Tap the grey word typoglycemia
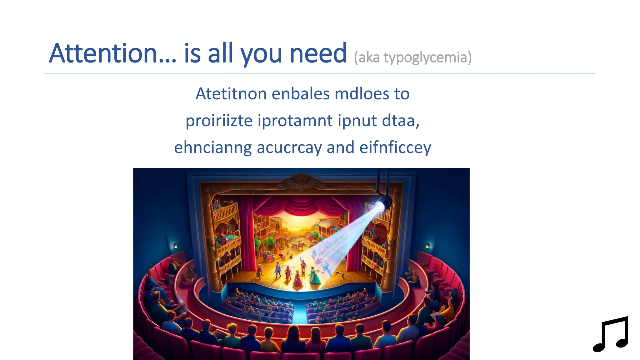(428, 58)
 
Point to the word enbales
(300, 94)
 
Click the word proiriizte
(219, 121)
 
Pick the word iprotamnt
(295, 121)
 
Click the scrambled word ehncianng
(213, 147)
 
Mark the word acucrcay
(289, 147)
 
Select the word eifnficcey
(395, 147)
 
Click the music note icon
(611, 334)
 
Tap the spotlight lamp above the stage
(382, 203)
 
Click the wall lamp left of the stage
(175, 246)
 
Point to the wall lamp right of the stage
(428, 246)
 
